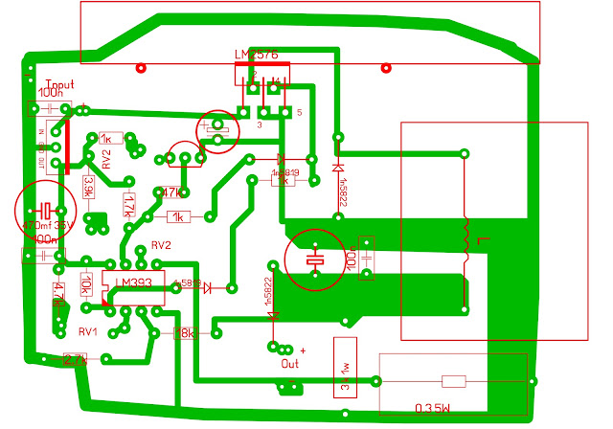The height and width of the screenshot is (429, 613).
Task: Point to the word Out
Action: pos(289,364)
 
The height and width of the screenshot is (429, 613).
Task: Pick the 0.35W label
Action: pos(433,409)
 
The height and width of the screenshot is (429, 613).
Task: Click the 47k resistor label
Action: pos(174,192)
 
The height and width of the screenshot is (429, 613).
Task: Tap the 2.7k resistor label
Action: pos(74,360)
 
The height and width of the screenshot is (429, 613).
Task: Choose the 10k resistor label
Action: pos(87,282)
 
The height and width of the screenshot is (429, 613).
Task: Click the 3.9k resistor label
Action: pos(88,187)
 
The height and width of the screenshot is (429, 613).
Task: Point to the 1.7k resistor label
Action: pos(127,203)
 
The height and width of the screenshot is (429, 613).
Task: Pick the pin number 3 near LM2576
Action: pos(260,124)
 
